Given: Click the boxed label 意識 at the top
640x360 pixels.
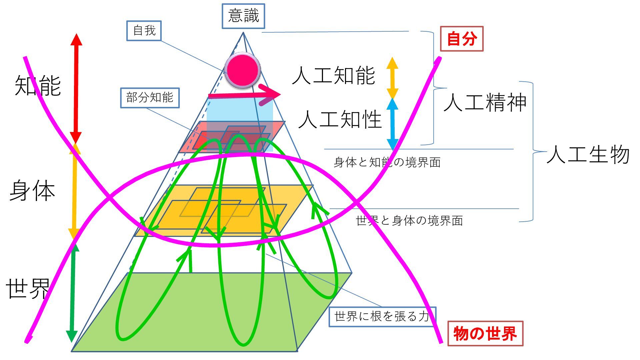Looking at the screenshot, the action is [243, 16].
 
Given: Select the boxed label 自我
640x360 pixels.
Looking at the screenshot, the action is [144, 31].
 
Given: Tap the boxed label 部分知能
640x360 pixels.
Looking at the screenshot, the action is [150, 98].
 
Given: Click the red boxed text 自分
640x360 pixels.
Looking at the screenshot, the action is [462, 39].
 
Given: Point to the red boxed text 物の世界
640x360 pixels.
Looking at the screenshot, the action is [485, 333].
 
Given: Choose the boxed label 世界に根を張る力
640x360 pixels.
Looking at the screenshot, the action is [382, 316].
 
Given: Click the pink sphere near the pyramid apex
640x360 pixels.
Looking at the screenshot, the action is [242, 70].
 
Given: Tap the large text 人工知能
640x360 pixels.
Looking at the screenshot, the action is [334, 75].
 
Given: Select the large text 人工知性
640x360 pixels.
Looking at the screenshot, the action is [340, 119].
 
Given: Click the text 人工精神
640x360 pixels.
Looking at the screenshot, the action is [485, 102].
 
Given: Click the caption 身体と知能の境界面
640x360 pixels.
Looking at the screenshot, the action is [387, 162].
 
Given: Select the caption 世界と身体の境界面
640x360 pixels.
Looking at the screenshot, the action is [409, 220].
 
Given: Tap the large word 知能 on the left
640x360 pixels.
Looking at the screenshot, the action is [38, 86].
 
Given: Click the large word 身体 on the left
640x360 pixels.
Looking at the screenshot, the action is [32, 191].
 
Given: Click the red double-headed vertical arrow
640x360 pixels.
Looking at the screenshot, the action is [76, 88].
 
